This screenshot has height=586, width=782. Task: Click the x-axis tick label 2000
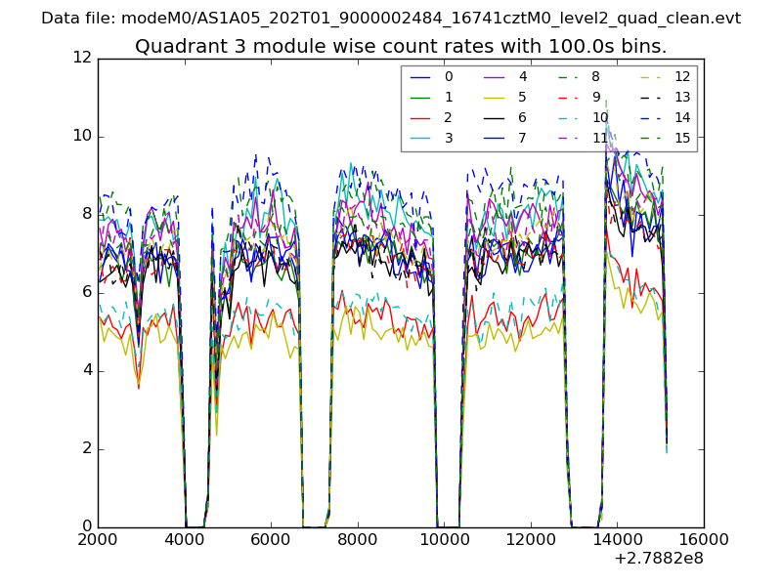98,540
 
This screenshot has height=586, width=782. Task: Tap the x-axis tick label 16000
703,540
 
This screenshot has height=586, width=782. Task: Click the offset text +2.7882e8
658,560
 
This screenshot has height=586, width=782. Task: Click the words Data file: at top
79,19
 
